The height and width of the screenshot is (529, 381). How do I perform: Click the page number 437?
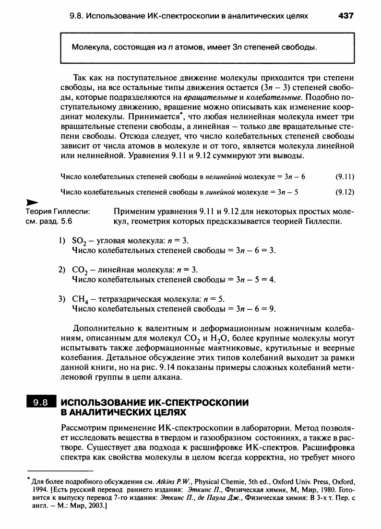pos(345,16)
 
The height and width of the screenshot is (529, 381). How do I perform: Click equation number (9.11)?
pos(345,176)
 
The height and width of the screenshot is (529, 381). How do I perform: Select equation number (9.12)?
pos(345,192)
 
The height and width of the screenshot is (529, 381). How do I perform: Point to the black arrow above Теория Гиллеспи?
pos(32,203)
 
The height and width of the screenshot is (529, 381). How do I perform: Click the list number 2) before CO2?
pos(62,269)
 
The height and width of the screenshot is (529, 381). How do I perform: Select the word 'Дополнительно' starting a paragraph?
pos(100,329)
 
